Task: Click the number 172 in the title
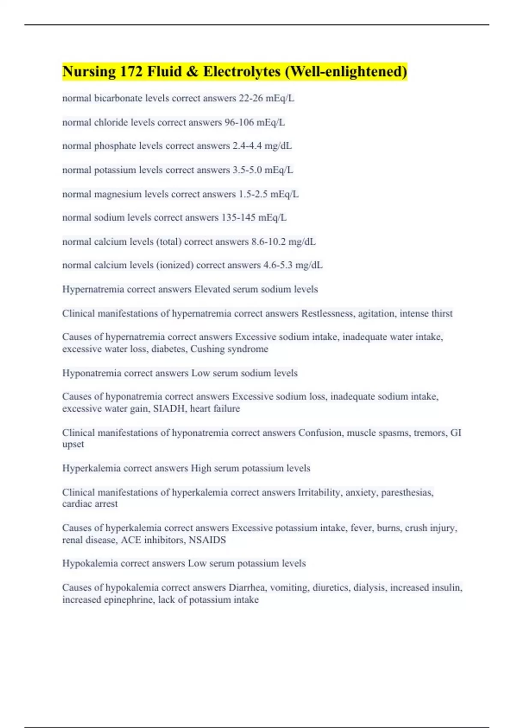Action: coord(131,72)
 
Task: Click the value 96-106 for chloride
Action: coord(239,122)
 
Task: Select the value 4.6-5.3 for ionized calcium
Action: coord(278,266)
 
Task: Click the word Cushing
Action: coord(207,349)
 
